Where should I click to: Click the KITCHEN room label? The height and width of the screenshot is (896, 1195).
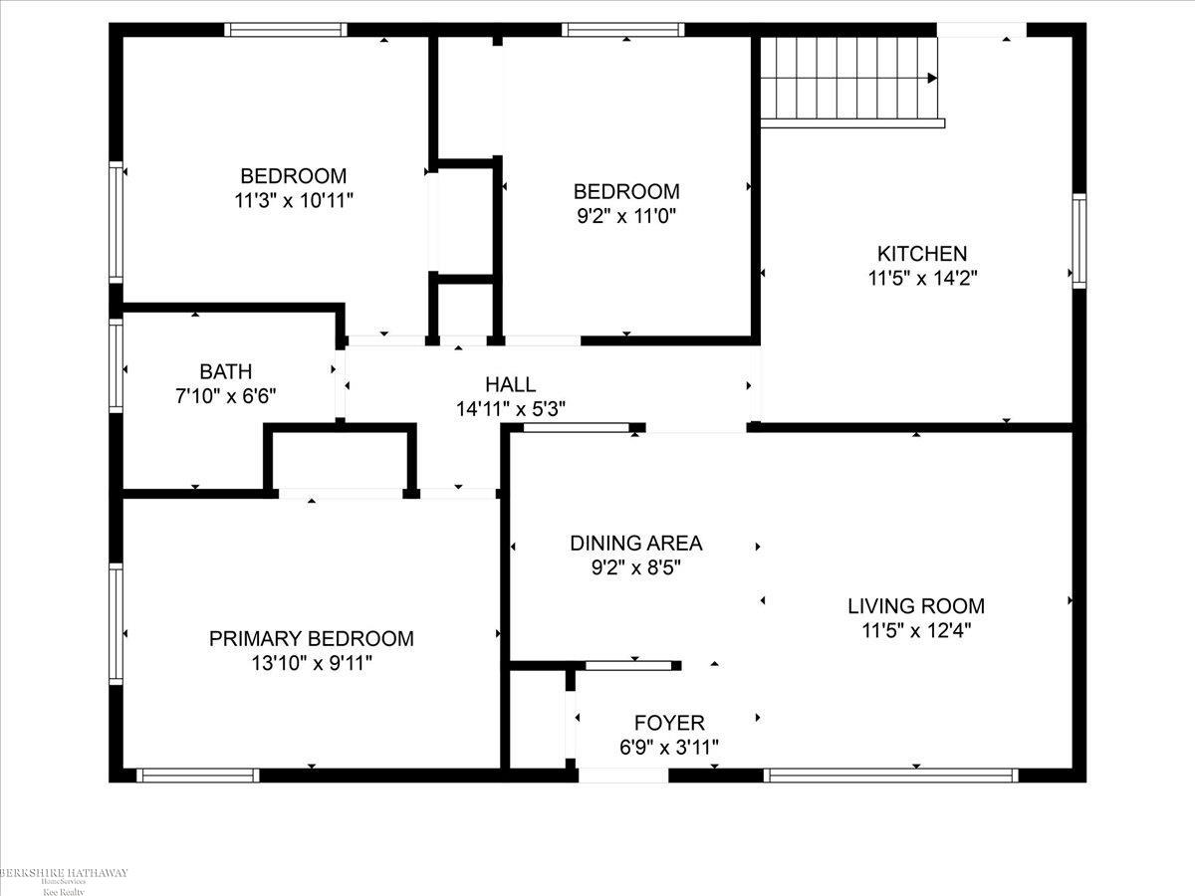[x=921, y=254]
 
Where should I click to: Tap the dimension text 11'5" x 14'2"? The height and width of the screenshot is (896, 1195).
[x=921, y=279]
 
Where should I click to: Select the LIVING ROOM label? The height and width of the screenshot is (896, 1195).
[x=916, y=605]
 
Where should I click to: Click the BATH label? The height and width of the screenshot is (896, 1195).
[x=226, y=371]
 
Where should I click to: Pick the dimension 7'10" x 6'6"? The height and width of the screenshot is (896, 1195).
[x=226, y=395]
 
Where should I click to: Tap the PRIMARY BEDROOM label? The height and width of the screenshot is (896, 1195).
[x=311, y=639]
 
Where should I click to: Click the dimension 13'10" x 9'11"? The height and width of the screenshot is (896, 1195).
[x=311, y=663]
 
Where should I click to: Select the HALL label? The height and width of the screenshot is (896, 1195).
[x=510, y=384]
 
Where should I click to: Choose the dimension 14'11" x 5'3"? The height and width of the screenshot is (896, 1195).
[x=510, y=408]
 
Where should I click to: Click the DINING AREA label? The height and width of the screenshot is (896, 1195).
[x=635, y=544]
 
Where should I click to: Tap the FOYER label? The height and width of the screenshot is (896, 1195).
[x=669, y=723]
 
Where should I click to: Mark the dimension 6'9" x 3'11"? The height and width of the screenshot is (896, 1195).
[x=669, y=747]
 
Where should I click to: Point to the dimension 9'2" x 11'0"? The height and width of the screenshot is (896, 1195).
[x=626, y=215]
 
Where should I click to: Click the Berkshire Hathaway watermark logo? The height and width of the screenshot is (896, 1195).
[x=64, y=875]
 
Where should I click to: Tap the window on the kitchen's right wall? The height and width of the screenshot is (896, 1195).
[x=1078, y=242]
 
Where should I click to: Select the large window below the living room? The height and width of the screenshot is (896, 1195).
[x=891, y=775]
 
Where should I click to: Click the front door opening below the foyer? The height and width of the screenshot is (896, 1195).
[x=623, y=775]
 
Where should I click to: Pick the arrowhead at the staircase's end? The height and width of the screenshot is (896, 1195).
[x=933, y=79]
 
